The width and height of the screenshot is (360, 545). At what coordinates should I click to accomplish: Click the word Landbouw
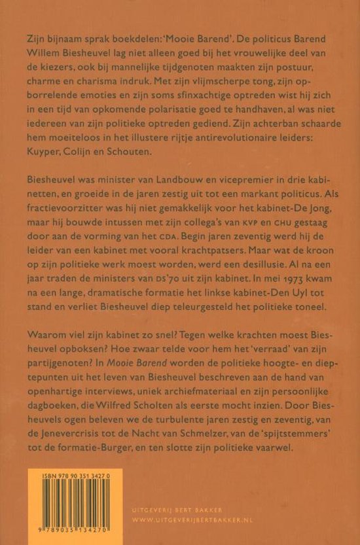(166, 178)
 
